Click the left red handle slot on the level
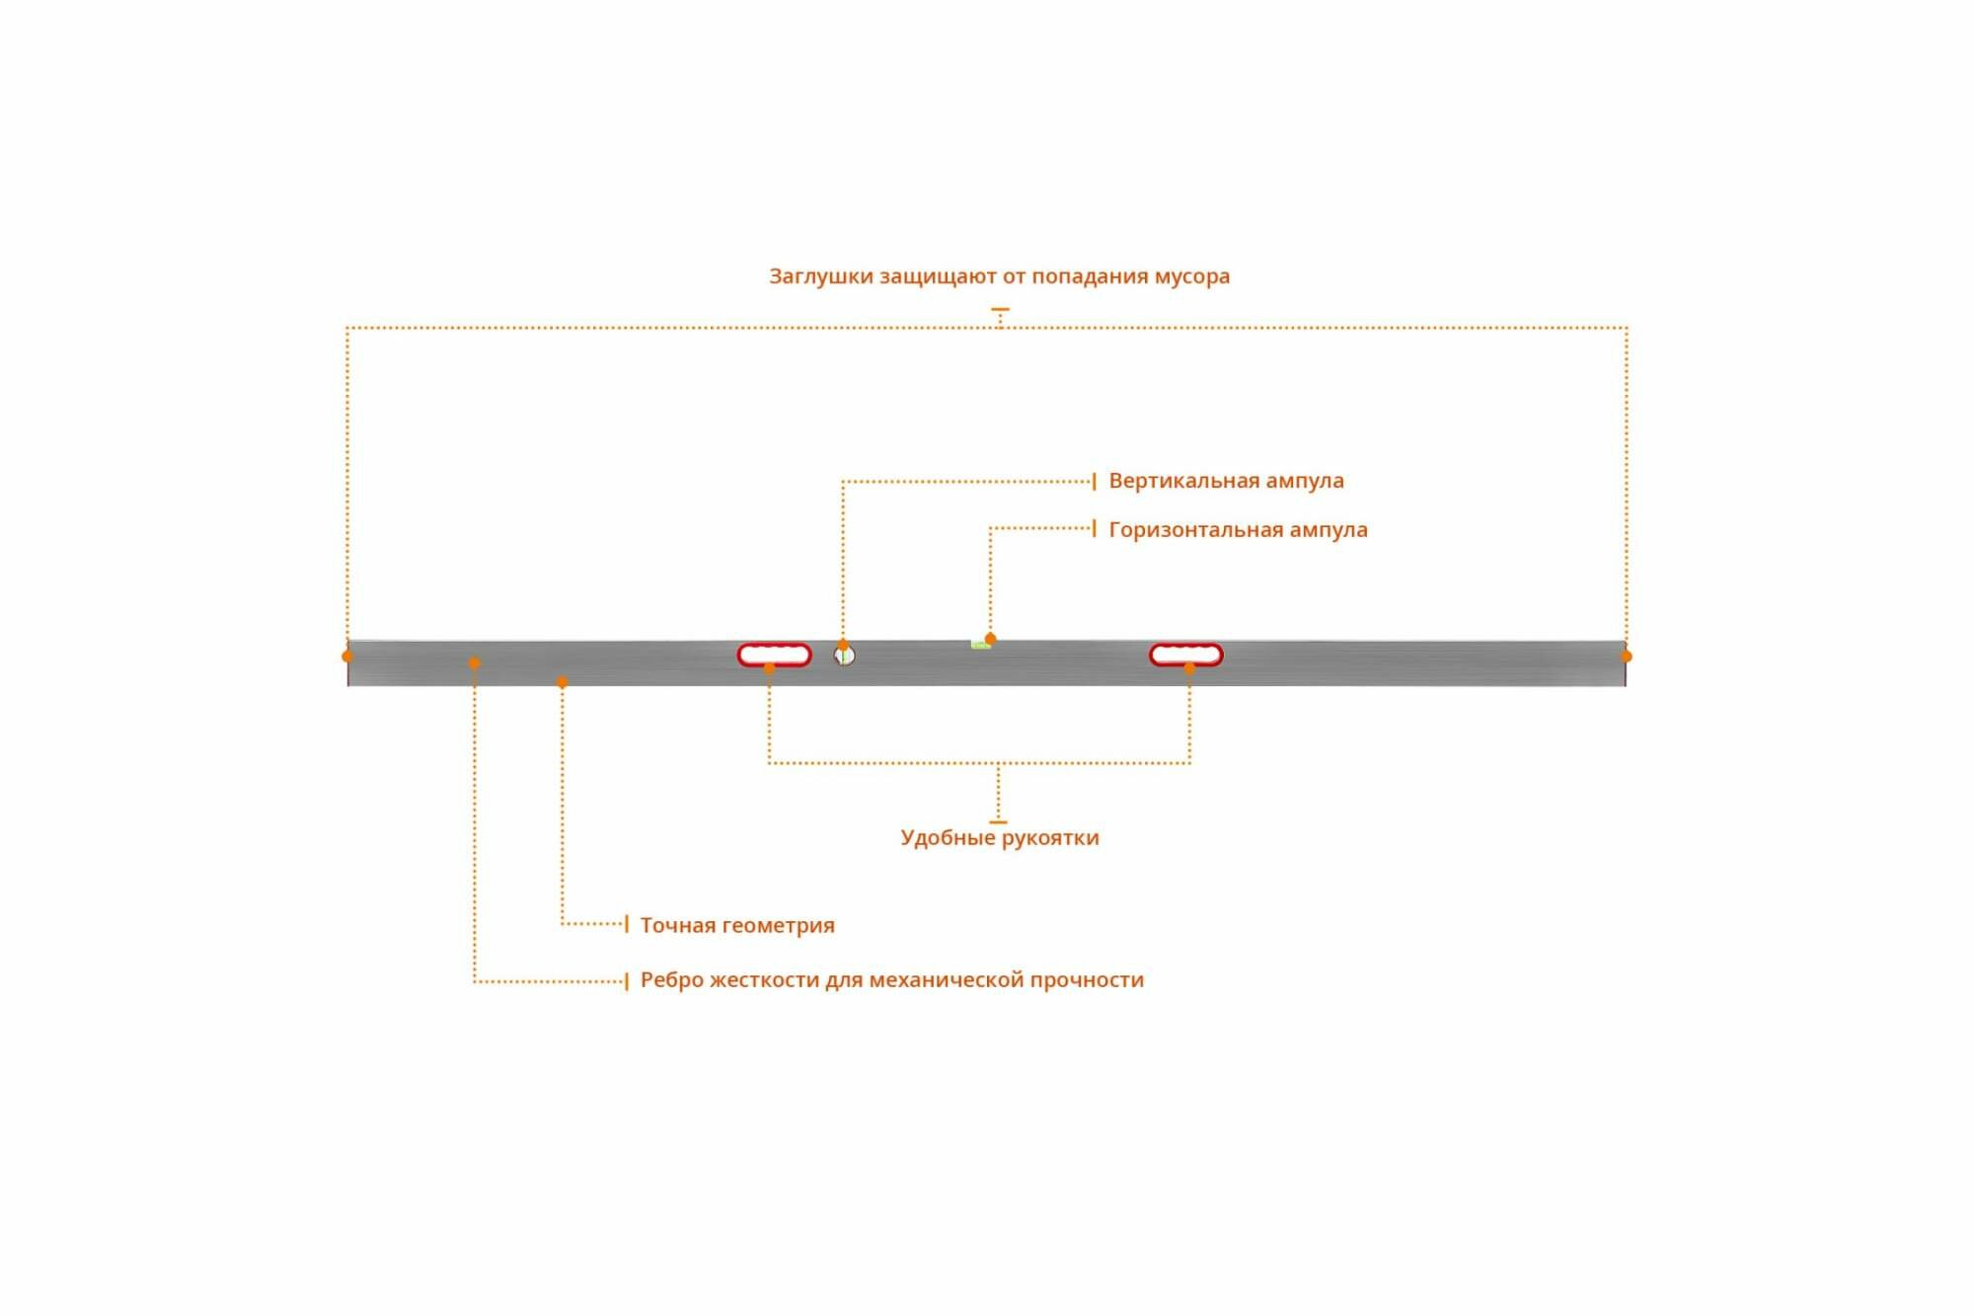click(774, 655)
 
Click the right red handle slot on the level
click(1185, 655)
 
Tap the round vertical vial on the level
click(845, 656)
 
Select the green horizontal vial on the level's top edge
click(980, 645)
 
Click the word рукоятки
click(1050, 838)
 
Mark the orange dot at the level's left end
click(347, 657)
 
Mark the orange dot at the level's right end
click(1627, 657)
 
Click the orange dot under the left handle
click(770, 668)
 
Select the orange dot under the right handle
click(1189, 668)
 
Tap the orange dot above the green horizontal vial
click(990, 639)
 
